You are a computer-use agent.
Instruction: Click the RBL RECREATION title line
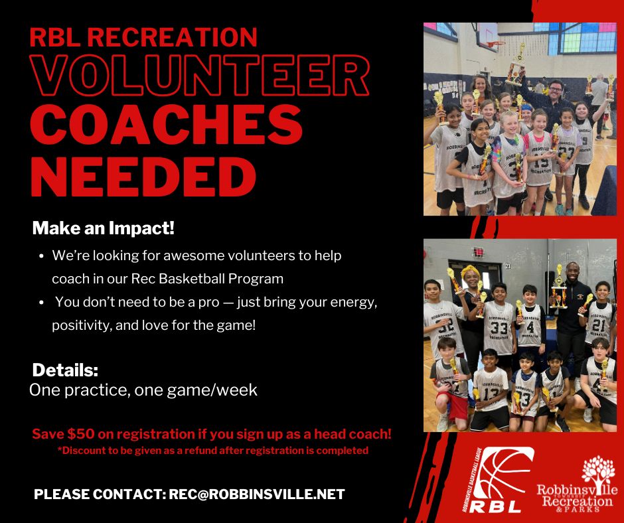click(x=143, y=36)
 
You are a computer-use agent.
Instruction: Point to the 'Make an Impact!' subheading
click(x=104, y=229)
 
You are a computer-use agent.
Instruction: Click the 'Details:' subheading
click(x=65, y=370)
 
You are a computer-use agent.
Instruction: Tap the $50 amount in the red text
click(x=80, y=435)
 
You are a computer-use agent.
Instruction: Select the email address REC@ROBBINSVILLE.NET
click(x=257, y=494)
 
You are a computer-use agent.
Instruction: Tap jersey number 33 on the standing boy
click(x=499, y=329)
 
